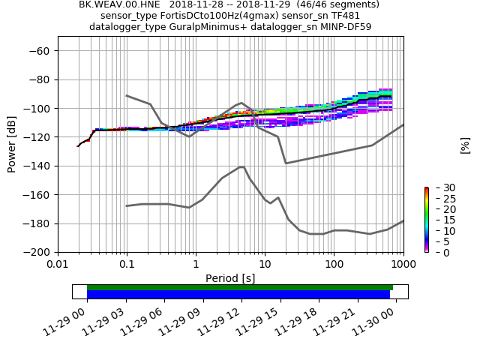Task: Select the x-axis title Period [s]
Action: tap(230, 278)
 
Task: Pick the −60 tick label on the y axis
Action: tap(38, 50)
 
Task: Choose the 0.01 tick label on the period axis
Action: tap(58, 265)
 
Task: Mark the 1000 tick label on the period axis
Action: tap(403, 265)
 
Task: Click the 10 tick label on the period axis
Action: tap(265, 265)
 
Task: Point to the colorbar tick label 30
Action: tap(439, 187)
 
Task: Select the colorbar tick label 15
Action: tap(439, 220)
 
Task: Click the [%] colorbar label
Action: tap(465, 145)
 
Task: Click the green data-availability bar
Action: tap(240, 287)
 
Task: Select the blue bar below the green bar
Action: tap(238, 294)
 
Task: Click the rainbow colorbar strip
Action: tap(426, 220)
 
